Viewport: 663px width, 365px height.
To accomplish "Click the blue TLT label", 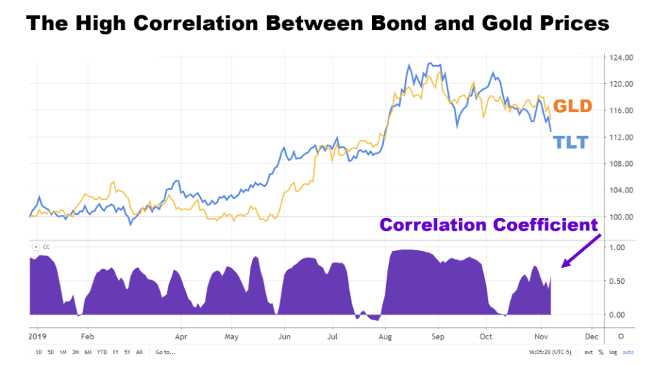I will pos(570,142).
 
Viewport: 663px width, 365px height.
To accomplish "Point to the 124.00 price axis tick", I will pos(621,57).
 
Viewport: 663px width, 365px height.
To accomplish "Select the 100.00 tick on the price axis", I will pos(621,217).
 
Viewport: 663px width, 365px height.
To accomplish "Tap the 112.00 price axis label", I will pos(621,138).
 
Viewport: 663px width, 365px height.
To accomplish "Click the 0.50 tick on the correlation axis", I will pos(619,281).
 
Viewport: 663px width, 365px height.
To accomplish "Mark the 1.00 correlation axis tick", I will pos(619,248).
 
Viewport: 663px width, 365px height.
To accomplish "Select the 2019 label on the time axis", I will pos(37,336).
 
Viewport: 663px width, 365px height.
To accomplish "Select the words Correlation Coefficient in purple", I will pos(488,225).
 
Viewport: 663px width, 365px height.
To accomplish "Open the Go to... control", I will pos(165,353).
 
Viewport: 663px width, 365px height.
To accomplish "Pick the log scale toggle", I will pos(612,353).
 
